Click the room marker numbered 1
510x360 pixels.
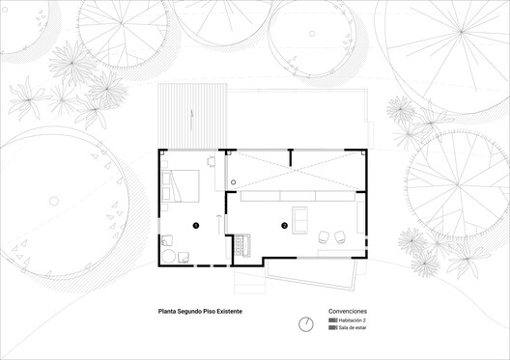click(x=195, y=224)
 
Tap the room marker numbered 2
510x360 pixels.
click(x=284, y=226)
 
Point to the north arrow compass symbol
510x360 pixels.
click(x=306, y=323)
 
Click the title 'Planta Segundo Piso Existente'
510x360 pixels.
click(x=201, y=313)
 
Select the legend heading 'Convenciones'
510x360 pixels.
click(x=348, y=312)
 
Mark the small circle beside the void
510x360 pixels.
click(x=233, y=182)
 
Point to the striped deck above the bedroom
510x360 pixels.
click(x=192, y=114)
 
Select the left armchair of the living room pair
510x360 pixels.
click(x=325, y=237)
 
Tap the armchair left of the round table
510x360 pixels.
click(x=166, y=240)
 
